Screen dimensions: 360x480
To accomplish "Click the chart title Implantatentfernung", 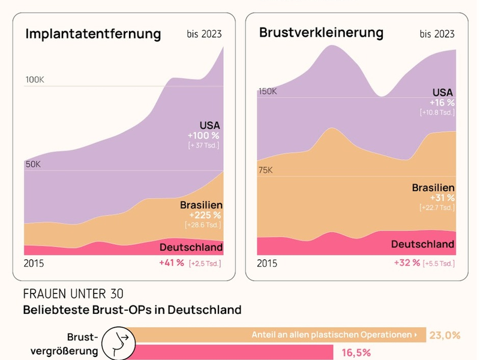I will point(93,34).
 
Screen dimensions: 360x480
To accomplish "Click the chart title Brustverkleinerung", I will point(321,32).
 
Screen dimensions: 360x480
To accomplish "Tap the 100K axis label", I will point(35,80).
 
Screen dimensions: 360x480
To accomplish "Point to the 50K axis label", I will point(34,164).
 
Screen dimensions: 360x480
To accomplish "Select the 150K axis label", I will point(268,91).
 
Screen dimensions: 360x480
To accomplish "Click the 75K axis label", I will point(265,170).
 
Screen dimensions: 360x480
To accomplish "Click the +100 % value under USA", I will point(203,136).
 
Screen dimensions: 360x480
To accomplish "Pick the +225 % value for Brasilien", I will point(205,215).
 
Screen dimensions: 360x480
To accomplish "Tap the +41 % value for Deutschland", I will point(172,263).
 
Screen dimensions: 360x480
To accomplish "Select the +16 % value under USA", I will point(442,103).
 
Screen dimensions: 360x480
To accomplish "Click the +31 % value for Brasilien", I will point(442,197).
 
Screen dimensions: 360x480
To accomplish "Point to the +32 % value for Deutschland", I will point(407,263).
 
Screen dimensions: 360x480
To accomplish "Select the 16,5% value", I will point(356,353).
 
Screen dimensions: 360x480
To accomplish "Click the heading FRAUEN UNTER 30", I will point(73,294).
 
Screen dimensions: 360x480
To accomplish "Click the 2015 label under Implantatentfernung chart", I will point(34,263).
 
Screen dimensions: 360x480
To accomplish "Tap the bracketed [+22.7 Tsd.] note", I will point(437,208).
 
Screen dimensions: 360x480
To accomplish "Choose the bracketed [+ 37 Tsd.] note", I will point(203,146).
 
